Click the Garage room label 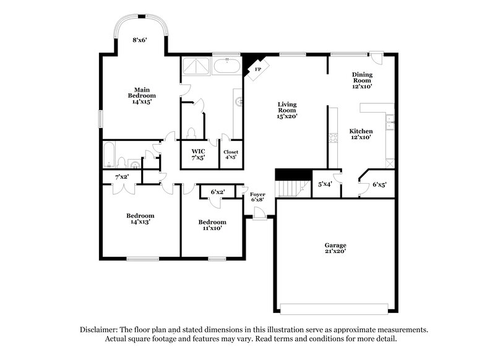point(335,248)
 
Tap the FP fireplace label point(258,70)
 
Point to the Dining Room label point(362,80)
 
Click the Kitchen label point(361,135)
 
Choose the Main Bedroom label point(142,96)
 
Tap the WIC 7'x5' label point(198,154)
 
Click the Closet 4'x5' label point(231,154)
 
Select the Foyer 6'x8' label point(258,197)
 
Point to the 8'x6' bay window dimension point(139,40)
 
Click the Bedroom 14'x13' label point(140,219)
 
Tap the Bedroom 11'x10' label point(212,225)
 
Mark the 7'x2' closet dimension point(121,177)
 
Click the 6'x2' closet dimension point(218,192)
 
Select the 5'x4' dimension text point(325,184)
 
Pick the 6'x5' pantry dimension point(379,184)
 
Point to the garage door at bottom point(335,307)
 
